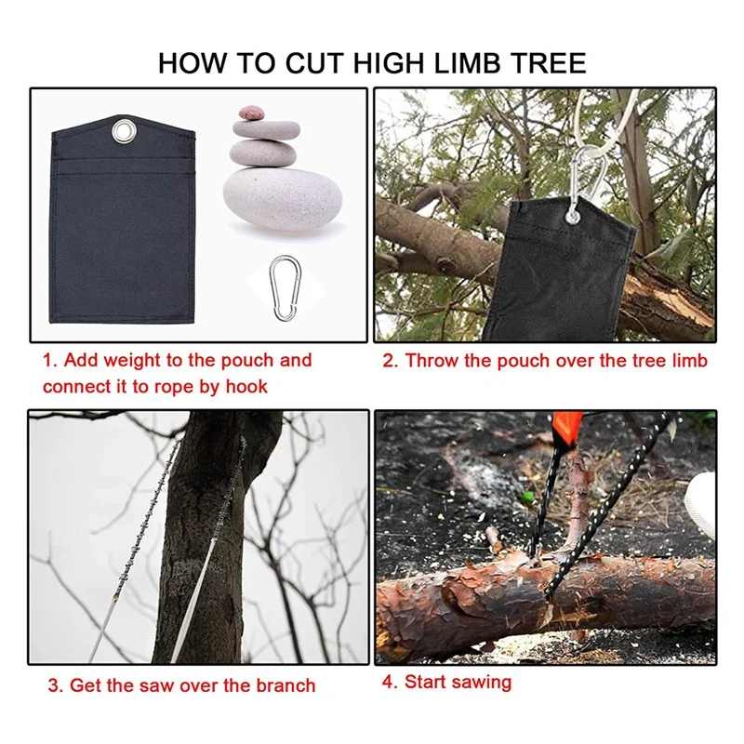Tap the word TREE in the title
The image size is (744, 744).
coord(550,63)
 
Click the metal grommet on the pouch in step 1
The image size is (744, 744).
coord(122,131)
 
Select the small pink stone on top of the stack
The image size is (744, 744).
coord(252,112)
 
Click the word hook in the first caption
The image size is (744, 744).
coord(246,387)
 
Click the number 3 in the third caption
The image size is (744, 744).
coord(54,686)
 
